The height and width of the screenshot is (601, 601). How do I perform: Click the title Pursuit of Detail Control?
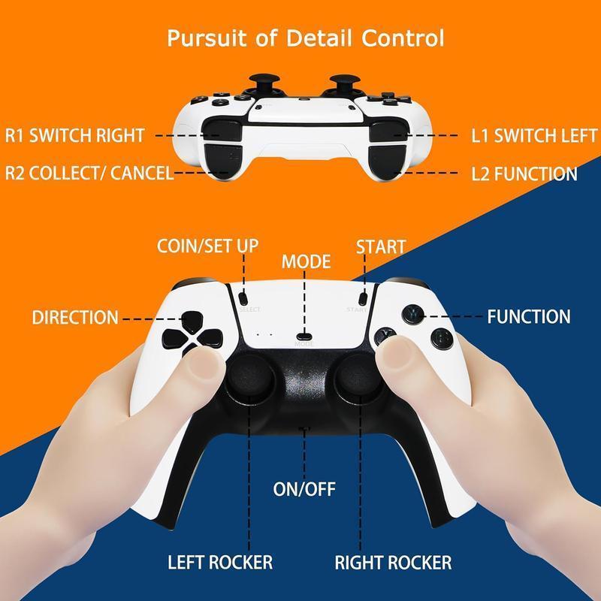(x=306, y=38)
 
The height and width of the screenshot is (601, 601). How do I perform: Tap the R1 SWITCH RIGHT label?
(x=74, y=135)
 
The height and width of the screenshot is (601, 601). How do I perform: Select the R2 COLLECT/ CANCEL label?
(x=89, y=173)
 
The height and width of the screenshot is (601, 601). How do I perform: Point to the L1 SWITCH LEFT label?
(x=534, y=136)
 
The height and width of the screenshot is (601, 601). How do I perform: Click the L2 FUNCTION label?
(x=524, y=174)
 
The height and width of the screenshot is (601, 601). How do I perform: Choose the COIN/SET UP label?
(x=207, y=246)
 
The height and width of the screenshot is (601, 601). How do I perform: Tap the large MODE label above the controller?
(x=306, y=261)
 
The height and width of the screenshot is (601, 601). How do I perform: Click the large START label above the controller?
(x=381, y=247)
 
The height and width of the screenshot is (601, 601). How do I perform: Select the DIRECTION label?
(x=75, y=317)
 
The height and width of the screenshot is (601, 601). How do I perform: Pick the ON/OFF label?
(x=304, y=489)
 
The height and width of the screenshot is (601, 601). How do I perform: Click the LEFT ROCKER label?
(x=220, y=562)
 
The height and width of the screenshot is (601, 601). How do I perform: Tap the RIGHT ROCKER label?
(x=393, y=563)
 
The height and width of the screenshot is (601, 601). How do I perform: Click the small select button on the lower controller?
(x=243, y=297)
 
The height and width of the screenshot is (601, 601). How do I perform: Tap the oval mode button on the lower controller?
(x=305, y=337)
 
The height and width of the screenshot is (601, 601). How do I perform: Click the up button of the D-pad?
(x=192, y=322)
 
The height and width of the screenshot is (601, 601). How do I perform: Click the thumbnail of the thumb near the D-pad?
(x=205, y=364)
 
